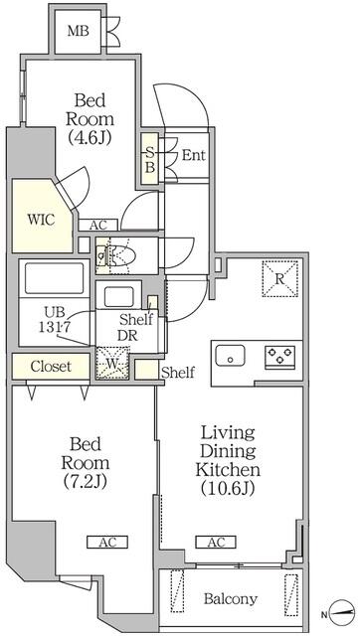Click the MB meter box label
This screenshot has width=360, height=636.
(x=78, y=33)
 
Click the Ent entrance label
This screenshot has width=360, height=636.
(x=193, y=157)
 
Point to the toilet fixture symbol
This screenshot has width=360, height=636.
(x=122, y=254)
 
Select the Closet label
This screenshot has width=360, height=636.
(x=50, y=367)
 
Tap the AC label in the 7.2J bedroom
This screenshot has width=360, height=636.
(x=107, y=542)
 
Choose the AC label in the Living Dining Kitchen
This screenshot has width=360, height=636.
(x=216, y=542)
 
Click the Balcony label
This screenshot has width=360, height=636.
(x=231, y=599)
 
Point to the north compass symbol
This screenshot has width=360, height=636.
(x=342, y=611)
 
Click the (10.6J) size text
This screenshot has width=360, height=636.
(x=231, y=488)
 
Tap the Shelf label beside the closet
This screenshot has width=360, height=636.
(x=177, y=374)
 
